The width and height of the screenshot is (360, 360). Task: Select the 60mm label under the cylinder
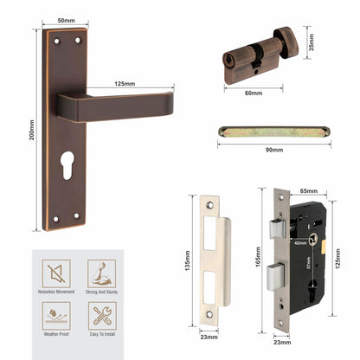[253, 91]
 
